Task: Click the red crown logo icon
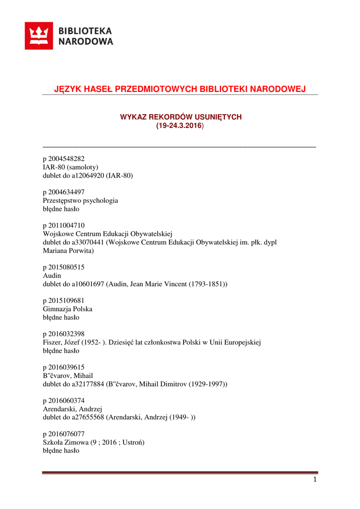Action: click(x=38, y=36)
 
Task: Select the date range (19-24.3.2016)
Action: click(x=180, y=126)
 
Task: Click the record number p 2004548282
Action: click(x=64, y=159)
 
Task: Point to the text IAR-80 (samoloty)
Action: click(x=71, y=167)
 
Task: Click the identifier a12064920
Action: click(x=88, y=175)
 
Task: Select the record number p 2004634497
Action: click(x=64, y=192)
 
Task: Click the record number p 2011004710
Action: click(x=64, y=226)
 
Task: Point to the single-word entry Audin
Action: click(x=52, y=275)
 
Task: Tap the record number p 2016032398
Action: click(x=64, y=334)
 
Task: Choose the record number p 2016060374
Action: click(x=64, y=401)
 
